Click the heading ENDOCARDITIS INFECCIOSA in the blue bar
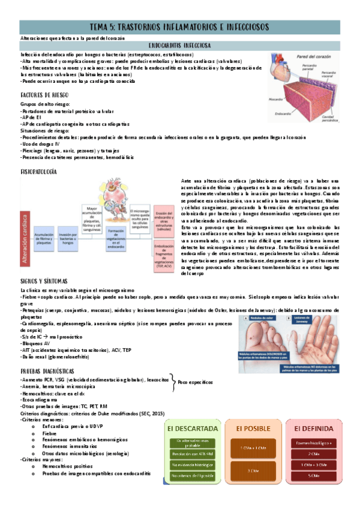coord(179,46)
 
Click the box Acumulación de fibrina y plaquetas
coord(45,239)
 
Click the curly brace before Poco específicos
coord(173,382)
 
